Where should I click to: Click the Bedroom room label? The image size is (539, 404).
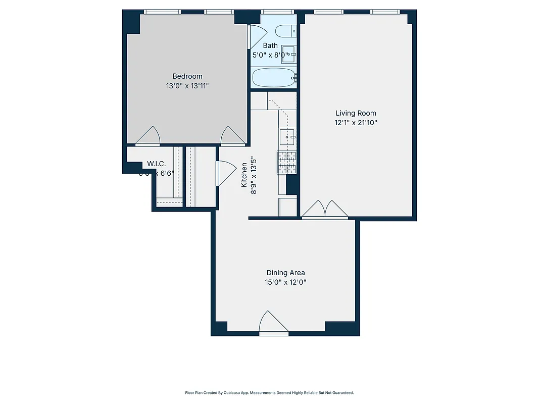coord(187,76)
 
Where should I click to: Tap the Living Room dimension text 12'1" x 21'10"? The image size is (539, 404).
coord(356,123)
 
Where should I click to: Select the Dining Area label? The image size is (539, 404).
coord(285,273)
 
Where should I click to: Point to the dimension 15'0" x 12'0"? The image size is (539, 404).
coord(286,282)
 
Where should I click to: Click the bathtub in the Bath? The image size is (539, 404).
coord(273,78)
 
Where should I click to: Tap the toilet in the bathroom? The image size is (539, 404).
coord(286,30)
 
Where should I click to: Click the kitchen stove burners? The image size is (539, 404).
coord(286,162)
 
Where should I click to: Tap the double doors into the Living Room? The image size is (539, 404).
coord(324,210)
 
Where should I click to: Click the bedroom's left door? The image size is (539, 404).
coord(148,136)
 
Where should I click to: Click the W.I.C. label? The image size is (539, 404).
coord(157,164)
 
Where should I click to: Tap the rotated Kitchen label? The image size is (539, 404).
coord(244,173)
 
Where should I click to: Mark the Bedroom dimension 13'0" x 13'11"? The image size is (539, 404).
coord(187,86)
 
